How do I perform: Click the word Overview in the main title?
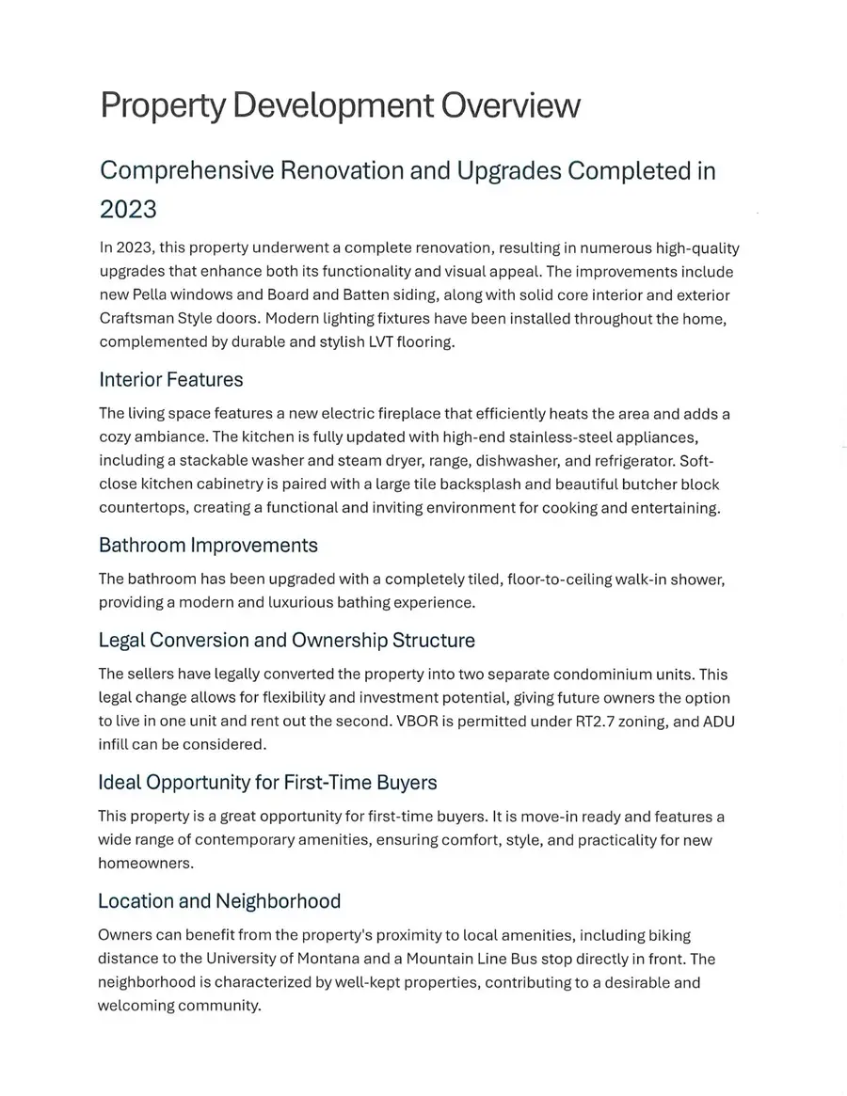(x=510, y=105)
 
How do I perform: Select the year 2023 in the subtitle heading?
(x=128, y=207)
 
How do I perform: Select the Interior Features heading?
(x=170, y=380)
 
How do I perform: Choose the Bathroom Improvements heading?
(x=208, y=546)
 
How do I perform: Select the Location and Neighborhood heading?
(x=219, y=901)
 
